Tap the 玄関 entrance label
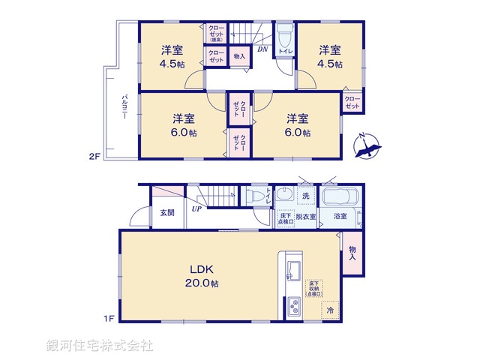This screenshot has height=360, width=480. [166, 212]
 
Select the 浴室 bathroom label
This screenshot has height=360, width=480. [340, 216]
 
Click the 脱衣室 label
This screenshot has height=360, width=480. [306, 216]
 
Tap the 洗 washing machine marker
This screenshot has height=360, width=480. [306, 196]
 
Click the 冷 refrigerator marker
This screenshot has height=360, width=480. [329, 309]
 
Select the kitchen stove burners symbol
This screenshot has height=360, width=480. [293, 307]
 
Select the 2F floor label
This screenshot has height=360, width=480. [94, 157]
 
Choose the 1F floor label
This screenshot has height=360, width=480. [109, 319]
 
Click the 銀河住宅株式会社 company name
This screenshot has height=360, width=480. [100, 346]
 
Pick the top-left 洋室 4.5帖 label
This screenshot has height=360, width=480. [173, 57]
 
